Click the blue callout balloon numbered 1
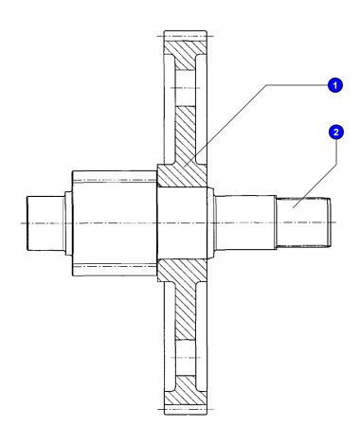coord(335,85)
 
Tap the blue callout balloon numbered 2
coord(335,132)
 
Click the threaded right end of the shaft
coord(303,222)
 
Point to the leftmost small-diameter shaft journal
coord(46,223)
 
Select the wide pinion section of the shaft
coord(115,223)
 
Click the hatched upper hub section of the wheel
coord(182,175)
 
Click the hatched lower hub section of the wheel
coord(182,271)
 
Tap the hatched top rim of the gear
coord(186,55)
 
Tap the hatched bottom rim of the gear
coord(186,390)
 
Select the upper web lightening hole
coord(186,88)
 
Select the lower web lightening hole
coord(186,358)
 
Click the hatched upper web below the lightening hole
coord(186,135)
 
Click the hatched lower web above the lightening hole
coord(186,311)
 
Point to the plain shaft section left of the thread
coord(245,222)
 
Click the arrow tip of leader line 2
coord(293,207)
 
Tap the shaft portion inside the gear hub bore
coord(182,223)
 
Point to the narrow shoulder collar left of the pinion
coord(68,223)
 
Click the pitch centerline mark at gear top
coord(186,36)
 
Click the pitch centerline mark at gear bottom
coord(186,410)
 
